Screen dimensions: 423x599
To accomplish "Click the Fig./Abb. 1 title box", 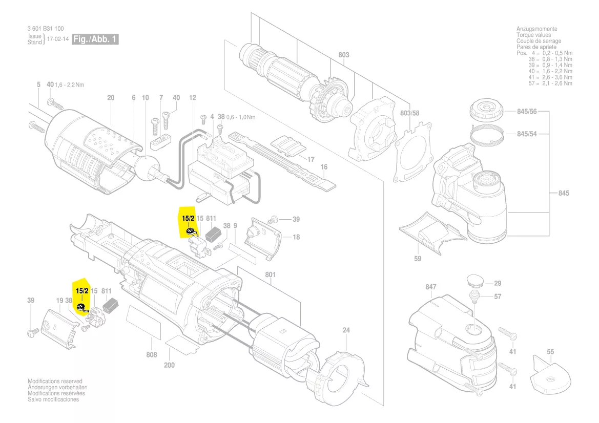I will pos(95,39).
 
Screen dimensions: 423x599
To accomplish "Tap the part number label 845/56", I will pos(526,112).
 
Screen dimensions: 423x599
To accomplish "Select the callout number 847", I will pos(430,287).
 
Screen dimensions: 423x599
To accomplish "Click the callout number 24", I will pos(346,330).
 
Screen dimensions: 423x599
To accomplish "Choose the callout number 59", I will pos(418,259).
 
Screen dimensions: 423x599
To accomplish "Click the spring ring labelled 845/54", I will pos(486,135).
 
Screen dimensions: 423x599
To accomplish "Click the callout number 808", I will pos(151,354).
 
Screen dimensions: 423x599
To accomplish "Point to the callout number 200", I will pos(169,365).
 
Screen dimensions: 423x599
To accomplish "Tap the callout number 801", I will pos(270,275).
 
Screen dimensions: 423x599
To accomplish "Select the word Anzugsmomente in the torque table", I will pos(537,29).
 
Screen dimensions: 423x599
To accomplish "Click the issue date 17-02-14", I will pos(58,39).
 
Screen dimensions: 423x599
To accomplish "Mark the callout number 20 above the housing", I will pos(111,98).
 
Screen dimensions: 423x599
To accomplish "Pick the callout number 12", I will pos(192,98).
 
